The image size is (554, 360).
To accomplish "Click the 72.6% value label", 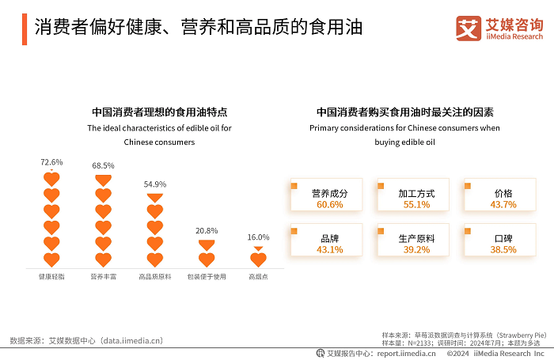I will click(51, 162).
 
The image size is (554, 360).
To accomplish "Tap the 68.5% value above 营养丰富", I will click(103, 165).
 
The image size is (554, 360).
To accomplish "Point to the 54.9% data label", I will click(155, 184).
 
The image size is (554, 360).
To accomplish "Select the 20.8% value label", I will click(207, 230).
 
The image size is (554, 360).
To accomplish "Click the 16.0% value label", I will click(258, 237).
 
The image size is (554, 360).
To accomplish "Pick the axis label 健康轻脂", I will click(51, 277).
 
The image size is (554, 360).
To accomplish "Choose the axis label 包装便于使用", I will click(207, 277).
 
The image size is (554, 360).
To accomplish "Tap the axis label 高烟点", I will click(258, 277).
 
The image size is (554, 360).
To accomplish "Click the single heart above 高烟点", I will click(258, 259).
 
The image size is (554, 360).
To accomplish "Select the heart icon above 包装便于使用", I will click(207, 259).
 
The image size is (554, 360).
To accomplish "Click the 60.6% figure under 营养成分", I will click(329, 204).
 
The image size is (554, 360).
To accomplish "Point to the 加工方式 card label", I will click(416, 193).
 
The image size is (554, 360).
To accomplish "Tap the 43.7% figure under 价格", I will click(503, 204).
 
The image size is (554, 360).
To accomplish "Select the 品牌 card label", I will click(329, 238).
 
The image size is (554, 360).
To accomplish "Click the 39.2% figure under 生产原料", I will click(416, 249).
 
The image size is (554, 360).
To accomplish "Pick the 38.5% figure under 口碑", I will click(503, 249).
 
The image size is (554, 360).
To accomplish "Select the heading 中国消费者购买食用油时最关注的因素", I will click(405, 112).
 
